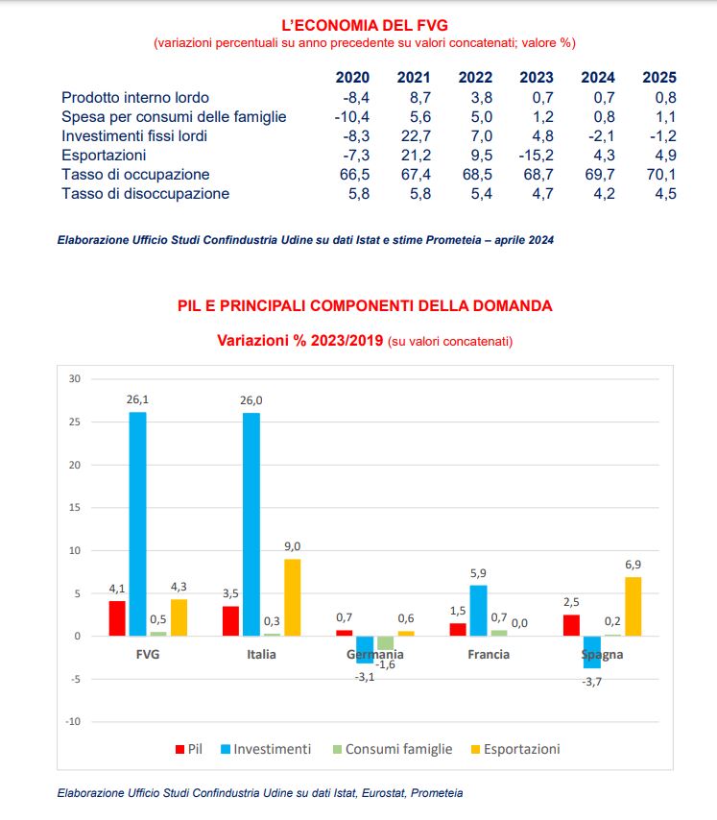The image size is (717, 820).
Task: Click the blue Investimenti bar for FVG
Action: (137, 523)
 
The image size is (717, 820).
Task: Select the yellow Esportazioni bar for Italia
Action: (291, 597)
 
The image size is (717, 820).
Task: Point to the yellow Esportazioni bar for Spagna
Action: (633, 606)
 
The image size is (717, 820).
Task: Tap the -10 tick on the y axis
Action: (74, 721)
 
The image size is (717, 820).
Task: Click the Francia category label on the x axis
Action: (489, 655)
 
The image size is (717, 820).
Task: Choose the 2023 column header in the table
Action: (536, 78)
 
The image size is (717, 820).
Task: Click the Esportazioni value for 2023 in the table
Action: (536, 156)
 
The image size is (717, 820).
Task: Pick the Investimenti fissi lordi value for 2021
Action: (414, 136)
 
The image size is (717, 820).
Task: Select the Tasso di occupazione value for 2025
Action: (659, 175)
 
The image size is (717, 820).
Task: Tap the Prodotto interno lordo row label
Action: (135, 98)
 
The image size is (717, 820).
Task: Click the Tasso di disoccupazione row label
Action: (146, 194)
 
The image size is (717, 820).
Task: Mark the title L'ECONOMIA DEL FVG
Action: (364, 25)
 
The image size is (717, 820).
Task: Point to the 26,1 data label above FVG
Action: (137, 398)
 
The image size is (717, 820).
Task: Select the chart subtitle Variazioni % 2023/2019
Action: (300, 341)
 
